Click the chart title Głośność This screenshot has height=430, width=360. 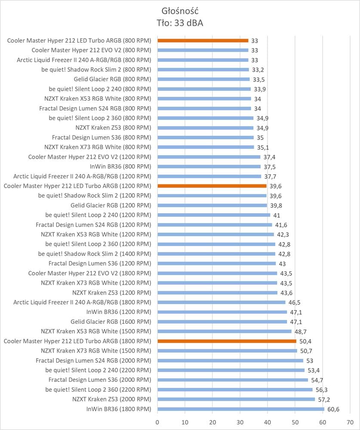pyautogui.click(x=180, y=11)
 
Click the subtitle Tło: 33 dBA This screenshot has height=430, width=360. pyautogui.click(x=180, y=23)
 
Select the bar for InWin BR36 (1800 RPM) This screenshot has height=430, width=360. pyautogui.click(x=241, y=409)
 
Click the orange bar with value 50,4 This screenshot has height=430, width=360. pyautogui.click(x=227, y=341)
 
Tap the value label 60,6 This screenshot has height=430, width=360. pyautogui.click(x=333, y=409)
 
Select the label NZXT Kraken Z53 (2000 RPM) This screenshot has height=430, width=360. pyautogui.click(x=112, y=399)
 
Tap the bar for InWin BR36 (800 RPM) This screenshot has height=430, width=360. pyautogui.click(x=209, y=166)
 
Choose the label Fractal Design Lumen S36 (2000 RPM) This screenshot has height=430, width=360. pyautogui.click(x=100, y=380)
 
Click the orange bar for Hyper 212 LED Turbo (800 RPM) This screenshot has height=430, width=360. pyautogui.click(x=203, y=40)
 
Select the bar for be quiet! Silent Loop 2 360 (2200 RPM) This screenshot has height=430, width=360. pyautogui.click(x=235, y=390)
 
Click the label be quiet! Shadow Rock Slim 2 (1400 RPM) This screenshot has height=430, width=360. pyautogui.click(x=95, y=254)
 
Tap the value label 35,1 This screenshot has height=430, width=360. pyautogui.click(x=263, y=147)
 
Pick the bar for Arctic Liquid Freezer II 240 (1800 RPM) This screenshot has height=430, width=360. pyautogui.click(x=221, y=302)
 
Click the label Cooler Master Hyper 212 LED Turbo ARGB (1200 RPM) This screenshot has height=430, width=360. pyautogui.click(x=77, y=186)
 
